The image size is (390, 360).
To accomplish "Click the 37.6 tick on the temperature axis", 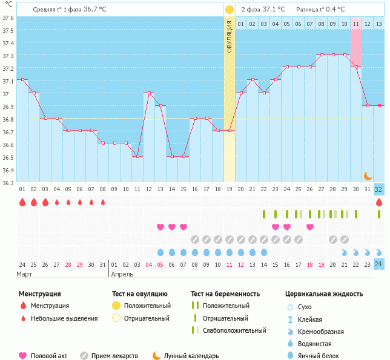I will pos(8,18).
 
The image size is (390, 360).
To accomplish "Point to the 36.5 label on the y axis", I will pos(8,157).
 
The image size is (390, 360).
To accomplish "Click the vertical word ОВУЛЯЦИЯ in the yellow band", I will pos(229,36).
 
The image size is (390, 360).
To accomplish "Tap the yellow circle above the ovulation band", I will pos(229,10).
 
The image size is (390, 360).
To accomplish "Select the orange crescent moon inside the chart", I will pos(368,175).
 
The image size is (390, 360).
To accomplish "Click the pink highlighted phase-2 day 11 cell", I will pos(356,24).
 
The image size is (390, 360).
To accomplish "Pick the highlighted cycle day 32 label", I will pos(378,189).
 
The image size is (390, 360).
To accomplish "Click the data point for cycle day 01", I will pos(22,80).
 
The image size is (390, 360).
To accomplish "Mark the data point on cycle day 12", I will pos(149,93).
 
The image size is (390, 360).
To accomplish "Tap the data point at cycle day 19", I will pos(230,131).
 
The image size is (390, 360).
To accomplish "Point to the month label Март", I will pos(24,273).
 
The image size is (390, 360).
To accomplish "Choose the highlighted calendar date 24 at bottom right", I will pos(378,264).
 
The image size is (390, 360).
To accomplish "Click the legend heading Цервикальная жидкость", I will pos(324,294).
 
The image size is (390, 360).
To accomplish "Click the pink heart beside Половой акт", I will pos(24,356).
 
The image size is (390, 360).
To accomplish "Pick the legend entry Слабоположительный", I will pos(234,330).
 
